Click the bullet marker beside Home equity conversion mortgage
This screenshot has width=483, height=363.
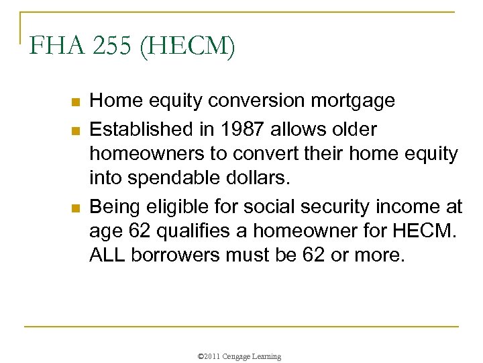75,103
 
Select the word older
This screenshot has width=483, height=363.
353,128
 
